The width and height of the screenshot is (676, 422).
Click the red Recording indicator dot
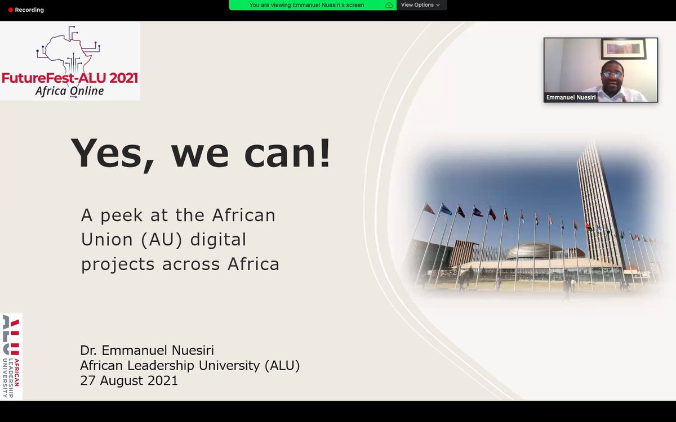click(11, 10)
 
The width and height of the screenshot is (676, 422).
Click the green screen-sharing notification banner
click(307, 5)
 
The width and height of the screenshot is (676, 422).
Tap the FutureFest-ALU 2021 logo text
click(70, 78)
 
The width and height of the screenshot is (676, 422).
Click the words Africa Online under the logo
click(69, 91)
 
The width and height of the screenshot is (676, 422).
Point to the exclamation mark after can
click(324, 152)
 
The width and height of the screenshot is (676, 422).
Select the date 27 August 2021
click(129, 380)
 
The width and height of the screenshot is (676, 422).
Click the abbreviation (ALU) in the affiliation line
click(282, 365)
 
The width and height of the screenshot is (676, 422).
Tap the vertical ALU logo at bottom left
click(12, 356)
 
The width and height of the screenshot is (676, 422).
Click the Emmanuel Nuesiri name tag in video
click(571, 97)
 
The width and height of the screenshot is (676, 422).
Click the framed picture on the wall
click(623, 48)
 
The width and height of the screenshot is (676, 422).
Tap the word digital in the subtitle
click(218, 240)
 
